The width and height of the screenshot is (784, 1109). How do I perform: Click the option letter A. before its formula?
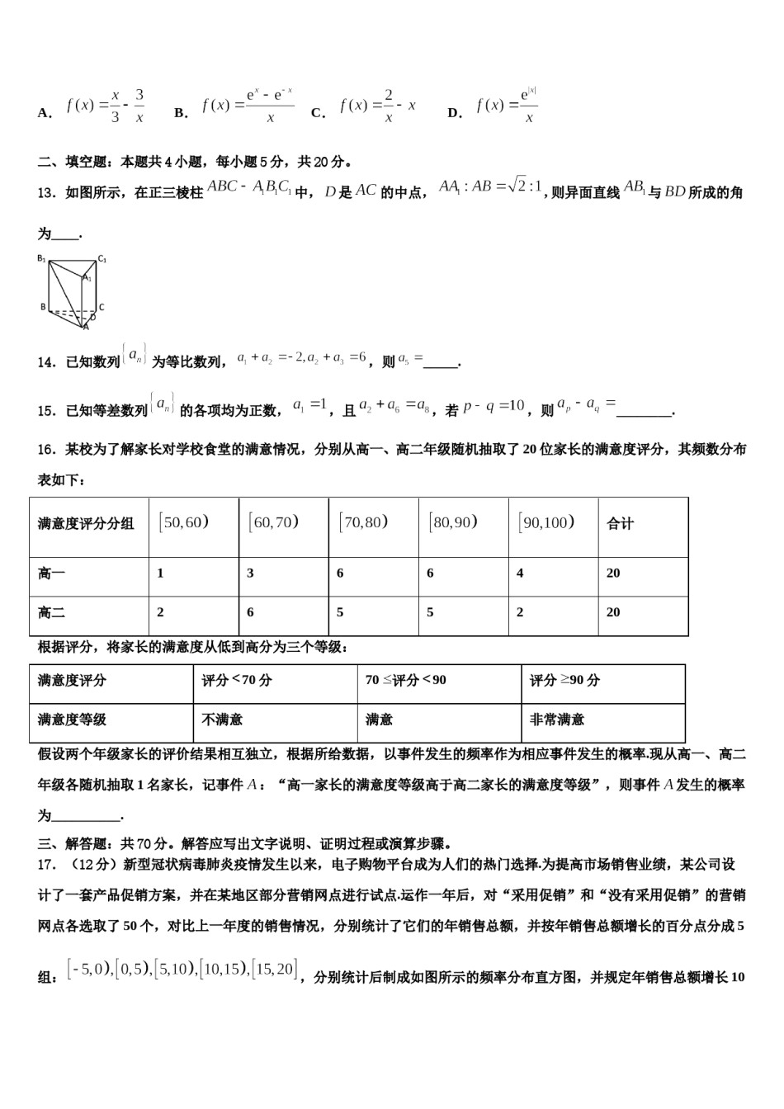coord(45,113)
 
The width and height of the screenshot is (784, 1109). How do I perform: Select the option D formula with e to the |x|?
coord(507,106)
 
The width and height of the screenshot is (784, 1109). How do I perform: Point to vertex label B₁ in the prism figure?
coord(41,258)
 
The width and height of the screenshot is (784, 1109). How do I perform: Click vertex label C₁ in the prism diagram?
coord(102,258)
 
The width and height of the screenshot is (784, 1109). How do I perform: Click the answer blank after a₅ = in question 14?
coord(442,361)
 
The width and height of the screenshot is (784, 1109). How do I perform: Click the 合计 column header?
coord(620,524)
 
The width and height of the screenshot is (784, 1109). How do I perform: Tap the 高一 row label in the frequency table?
coord(51,573)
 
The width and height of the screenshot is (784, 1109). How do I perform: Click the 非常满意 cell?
coord(557,720)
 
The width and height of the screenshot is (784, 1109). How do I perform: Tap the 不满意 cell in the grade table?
coord(222,720)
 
